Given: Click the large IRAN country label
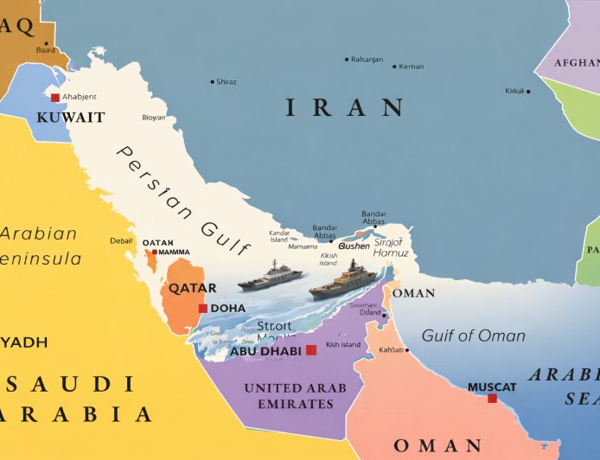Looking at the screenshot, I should coord(344,107).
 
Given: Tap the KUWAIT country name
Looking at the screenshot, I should coord(71,118).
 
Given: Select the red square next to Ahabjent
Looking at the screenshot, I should coord(55,98).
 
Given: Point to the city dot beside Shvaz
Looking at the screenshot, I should coord(213,82).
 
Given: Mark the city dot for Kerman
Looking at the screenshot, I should coord(395,67).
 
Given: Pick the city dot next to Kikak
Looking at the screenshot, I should coord(529,91).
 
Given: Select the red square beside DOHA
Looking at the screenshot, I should coord(202,309).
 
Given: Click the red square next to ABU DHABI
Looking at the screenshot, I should coord(311,350).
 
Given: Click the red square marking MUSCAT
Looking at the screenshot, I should coord(492,398).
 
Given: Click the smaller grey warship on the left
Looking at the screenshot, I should coord(270,277).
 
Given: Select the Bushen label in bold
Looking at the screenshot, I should coord(354,246).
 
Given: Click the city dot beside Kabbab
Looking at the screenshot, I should coord(407,350).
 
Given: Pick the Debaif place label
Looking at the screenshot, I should coord(121,240).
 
